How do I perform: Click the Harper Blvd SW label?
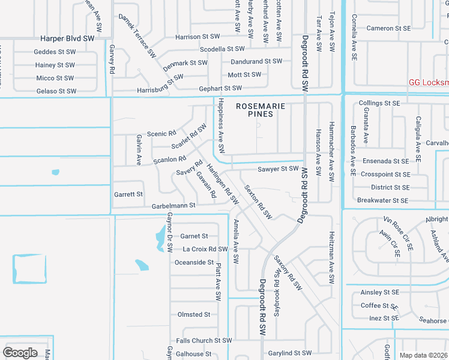68,38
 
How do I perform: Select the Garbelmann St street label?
173,205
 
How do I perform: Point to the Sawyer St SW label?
278,169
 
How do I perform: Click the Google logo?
20,352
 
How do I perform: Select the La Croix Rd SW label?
205,249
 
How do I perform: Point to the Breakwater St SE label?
383,200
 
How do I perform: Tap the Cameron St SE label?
388,28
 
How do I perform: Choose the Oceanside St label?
194,262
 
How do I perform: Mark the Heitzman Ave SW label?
331,258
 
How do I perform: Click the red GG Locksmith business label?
428,83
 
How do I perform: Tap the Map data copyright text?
424,355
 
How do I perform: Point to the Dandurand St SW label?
256,61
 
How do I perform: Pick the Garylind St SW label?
290,353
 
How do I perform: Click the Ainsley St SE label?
379,293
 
